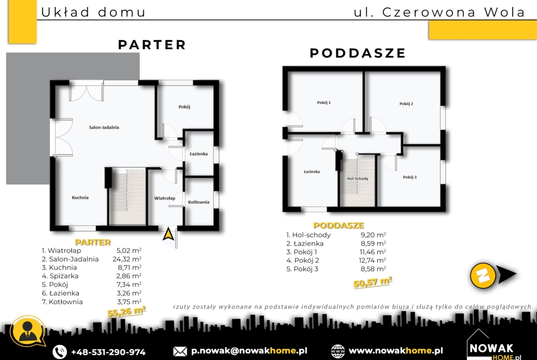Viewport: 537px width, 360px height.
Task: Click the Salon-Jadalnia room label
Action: click(104, 127)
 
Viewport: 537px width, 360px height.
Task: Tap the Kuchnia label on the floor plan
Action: click(80, 198)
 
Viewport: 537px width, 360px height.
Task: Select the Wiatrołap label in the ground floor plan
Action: click(164, 198)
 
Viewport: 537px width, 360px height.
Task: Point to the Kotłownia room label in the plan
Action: click(199, 202)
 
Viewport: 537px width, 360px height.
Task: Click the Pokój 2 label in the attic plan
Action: click(406, 104)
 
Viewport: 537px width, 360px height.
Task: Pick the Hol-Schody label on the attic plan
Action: click(358, 179)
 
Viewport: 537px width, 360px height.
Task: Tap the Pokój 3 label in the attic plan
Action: click(409, 177)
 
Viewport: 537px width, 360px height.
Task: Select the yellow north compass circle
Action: click(483, 275)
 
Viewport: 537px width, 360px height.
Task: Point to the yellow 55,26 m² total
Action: click(126, 311)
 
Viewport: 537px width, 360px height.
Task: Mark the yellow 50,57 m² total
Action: click(373, 282)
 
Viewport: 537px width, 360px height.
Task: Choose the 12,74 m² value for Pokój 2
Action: click(372, 260)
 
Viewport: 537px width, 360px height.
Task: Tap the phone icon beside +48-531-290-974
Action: click(60, 352)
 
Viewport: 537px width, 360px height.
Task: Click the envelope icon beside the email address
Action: click(180, 351)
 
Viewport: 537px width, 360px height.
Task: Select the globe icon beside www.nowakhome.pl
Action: click(338, 351)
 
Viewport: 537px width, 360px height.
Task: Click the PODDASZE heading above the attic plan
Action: click(358, 53)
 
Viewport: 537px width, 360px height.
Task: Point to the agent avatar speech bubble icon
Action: click(28, 331)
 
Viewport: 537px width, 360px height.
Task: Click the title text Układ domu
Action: click(93, 12)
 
